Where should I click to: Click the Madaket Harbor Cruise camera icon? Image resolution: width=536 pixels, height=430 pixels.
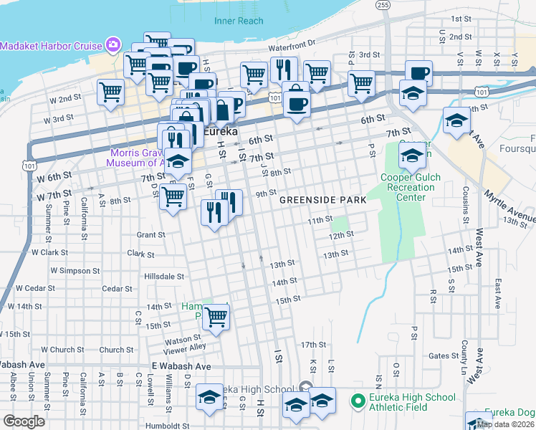point(113,46)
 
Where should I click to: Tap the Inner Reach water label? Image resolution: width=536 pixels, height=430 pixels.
point(239,21)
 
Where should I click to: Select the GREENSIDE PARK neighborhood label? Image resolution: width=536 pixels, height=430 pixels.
point(322,200)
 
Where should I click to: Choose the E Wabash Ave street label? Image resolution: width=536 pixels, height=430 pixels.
point(181,366)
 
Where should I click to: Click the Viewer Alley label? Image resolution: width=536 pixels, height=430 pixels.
point(184,348)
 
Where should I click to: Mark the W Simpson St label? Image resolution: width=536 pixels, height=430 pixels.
point(75,271)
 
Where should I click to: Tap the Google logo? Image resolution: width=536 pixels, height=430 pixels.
point(24,421)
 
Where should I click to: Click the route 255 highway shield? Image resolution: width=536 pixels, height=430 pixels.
point(384,5)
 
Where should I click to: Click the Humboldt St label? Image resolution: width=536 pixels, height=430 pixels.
point(166,425)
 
